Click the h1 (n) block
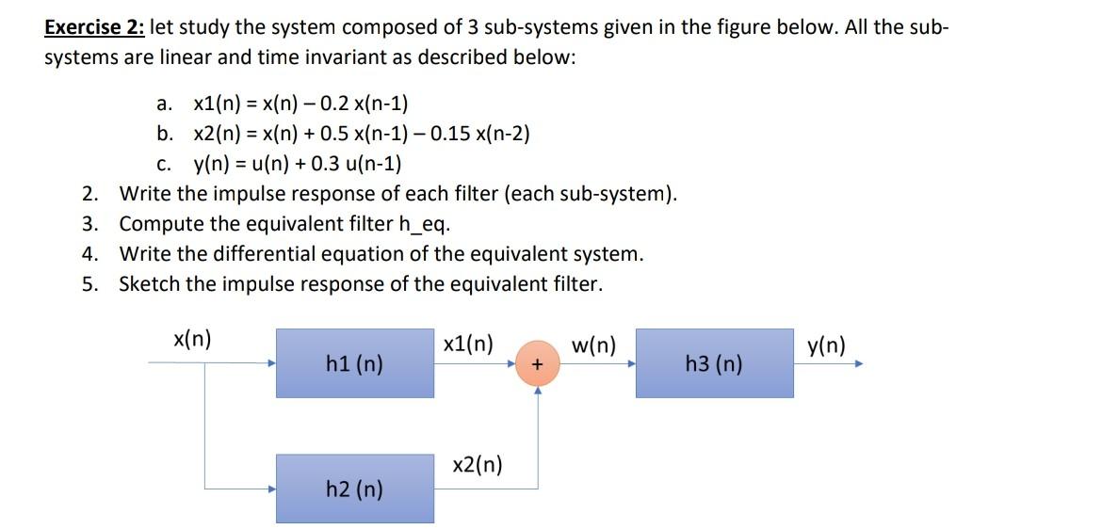(x=354, y=362)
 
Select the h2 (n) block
(x=354, y=488)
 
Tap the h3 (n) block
(x=714, y=362)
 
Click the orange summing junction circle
(x=538, y=363)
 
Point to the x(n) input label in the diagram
(x=192, y=340)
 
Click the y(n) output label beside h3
(x=826, y=346)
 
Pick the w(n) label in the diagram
(x=593, y=346)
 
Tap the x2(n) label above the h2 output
(x=478, y=465)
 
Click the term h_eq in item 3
(x=424, y=225)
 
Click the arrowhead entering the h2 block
(x=271, y=489)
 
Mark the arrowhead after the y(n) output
(x=858, y=363)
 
